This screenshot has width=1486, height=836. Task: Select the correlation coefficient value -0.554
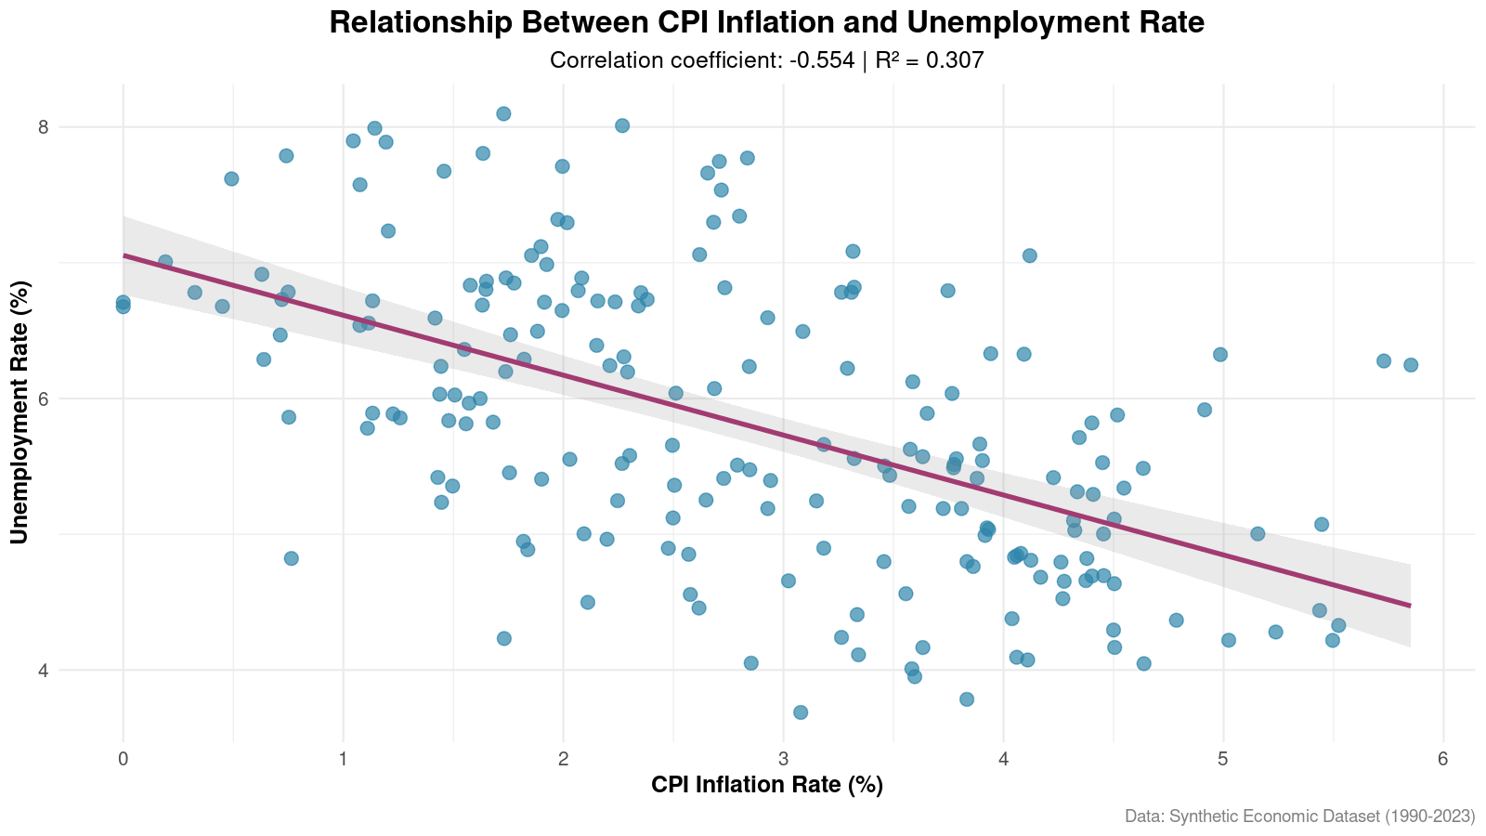(x=822, y=61)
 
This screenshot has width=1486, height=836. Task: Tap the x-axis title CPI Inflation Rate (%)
(x=766, y=785)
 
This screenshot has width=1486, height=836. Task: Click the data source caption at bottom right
(x=1299, y=816)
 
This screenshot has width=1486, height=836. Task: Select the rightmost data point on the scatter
(x=1410, y=365)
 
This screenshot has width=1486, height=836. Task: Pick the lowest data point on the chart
(x=800, y=712)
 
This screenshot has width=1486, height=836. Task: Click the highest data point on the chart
(x=503, y=113)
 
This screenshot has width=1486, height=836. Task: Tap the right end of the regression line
(x=1409, y=606)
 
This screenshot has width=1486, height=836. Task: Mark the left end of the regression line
(x=124, y=255)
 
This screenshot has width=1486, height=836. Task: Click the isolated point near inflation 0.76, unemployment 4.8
(x=291, y=558)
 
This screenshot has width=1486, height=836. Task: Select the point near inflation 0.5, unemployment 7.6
(x=231, y=178)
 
